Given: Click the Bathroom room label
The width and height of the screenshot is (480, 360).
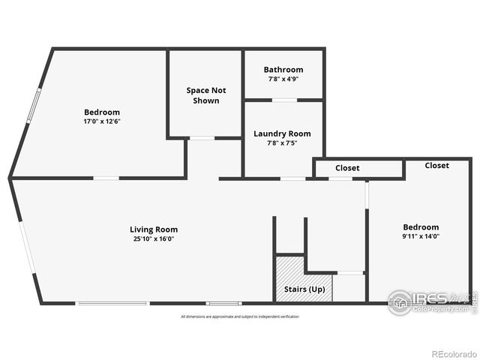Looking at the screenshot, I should [283, 70].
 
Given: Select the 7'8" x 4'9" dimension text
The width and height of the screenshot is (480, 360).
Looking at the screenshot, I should [283, 79].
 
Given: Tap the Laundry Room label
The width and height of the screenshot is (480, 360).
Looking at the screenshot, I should [282, 133].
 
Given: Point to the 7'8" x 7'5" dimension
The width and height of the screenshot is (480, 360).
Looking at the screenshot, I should [282, 143].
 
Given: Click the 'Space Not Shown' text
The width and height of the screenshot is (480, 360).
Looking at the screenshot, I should [205, 95].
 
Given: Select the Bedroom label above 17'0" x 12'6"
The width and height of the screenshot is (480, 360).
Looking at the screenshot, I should [101, 112].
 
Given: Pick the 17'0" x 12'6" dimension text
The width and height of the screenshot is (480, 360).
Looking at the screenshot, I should [101, 121].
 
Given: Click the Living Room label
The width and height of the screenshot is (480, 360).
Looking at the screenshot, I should [154, 229].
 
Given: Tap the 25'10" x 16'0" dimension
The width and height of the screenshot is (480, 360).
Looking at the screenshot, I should [154, 238].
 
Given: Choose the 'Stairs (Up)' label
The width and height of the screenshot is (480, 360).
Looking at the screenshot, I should [304, 289].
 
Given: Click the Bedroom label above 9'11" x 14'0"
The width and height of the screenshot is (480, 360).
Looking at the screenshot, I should [421, 227].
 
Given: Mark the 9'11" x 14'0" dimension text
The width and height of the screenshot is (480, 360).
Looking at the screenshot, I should [421, 236].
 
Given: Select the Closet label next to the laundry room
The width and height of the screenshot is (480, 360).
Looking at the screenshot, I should [347, 168].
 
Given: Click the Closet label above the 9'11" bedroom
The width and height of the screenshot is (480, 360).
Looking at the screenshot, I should [437, 165].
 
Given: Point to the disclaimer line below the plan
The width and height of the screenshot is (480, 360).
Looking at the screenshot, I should [239, 316].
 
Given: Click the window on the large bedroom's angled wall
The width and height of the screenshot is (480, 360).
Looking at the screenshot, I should [30, 106].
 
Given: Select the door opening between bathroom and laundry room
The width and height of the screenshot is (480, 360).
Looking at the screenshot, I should [283, 99].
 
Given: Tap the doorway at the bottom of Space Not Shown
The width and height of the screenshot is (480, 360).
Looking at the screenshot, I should [202, 138].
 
